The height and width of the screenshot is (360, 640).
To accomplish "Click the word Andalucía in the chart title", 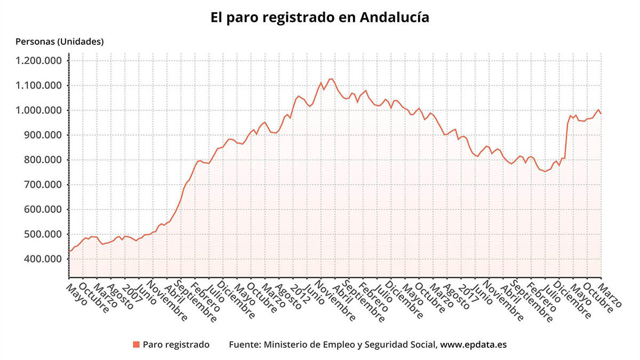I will pyautogui.click(x=395, y=17).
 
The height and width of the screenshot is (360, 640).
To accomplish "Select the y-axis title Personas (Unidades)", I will pyautogui.click(x=60, y=41).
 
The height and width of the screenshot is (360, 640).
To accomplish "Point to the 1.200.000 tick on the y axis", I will pyautogui.click(x=39, y=61).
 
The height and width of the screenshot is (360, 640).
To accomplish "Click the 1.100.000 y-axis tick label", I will pyautogui.click(x=39, y=85).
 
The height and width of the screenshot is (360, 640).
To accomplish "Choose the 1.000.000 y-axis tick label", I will pyautogui.click(x=39, y=110).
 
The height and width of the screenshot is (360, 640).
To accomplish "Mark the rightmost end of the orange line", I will pyautogui.click(x=601, y=114).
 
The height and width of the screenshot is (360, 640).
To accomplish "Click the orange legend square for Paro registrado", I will pyautogui.click(x=136, y=345).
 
